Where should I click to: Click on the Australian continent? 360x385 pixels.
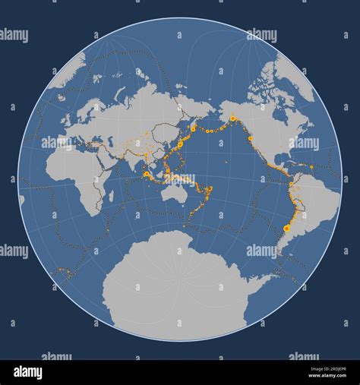tap(178, 194)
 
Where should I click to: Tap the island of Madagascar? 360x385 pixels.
tap(111, 196)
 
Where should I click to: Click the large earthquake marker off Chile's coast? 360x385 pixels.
tap(286, 228)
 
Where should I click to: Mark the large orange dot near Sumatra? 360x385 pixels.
tap(145, 174)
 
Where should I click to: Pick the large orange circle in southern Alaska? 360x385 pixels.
tap(232, 118)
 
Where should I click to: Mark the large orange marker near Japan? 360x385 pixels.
tap(180, 144)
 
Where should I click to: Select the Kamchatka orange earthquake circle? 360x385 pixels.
tap(193, 129)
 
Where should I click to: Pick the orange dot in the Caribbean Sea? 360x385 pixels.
tap(311, 166)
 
